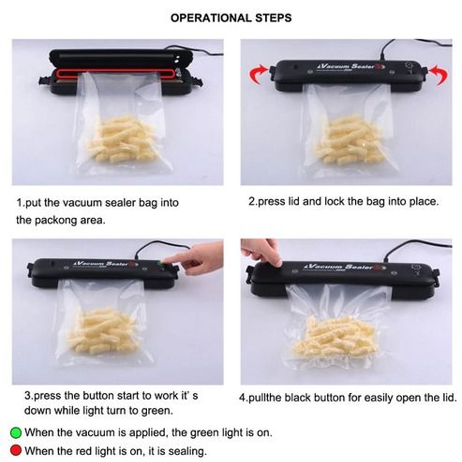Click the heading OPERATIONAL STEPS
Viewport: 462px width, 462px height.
(x=231, y=18)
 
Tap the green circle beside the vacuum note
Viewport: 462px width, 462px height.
(x=16, y=431)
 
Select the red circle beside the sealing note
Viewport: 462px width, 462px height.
(x=16, y=450)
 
